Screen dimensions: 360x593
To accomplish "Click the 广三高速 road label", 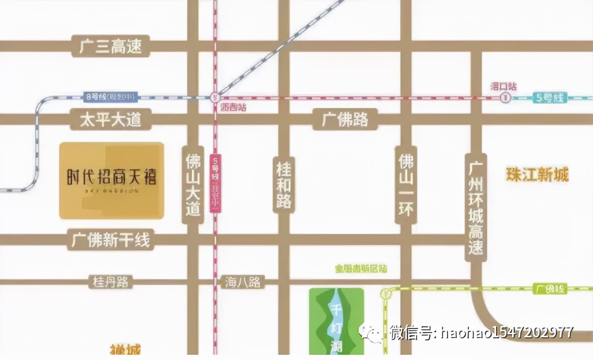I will pos(111,46).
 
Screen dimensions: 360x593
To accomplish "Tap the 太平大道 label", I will pos(111,120).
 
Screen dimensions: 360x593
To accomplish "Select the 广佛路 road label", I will pos(345,120).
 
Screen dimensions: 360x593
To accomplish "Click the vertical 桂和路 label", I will pos(284,185).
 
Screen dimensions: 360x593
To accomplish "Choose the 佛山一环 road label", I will pos(406,185).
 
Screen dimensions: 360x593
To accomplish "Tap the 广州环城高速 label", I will pos(475,206).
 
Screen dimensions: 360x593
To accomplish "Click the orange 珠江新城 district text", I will pos(537,175).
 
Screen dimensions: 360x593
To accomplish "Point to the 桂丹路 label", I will pos(110,282).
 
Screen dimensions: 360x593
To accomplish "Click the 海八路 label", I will pos(243,282).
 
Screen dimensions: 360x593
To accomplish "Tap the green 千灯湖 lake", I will pos(336,320).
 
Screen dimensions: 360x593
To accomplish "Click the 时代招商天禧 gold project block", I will pos(111,181).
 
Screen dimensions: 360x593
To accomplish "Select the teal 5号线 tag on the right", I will pos(550,97).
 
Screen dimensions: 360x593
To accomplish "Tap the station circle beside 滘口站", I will pos(505,98).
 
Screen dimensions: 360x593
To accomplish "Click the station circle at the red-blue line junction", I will pos(215,96).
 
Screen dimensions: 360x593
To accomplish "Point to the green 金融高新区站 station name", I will pos(361,269).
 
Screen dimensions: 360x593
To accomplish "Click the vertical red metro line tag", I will pos(215,183).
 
